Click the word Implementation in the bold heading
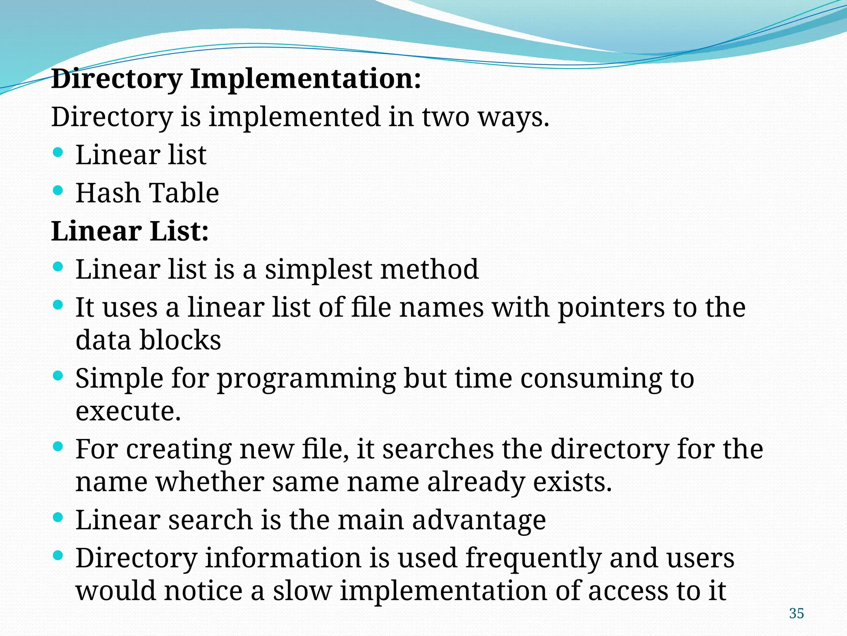(x=306, y=79)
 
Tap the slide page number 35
(x=796, y=613)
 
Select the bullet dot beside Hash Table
(x=58, y=190)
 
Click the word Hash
(x=108, y=193)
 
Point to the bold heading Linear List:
(x=130, y=231)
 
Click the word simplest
(x=318, y=270)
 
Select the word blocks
(x=180, y=340)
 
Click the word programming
(x=306, y=379)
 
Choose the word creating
(x=178, y=450)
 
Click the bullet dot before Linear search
(x=58, y=517)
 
